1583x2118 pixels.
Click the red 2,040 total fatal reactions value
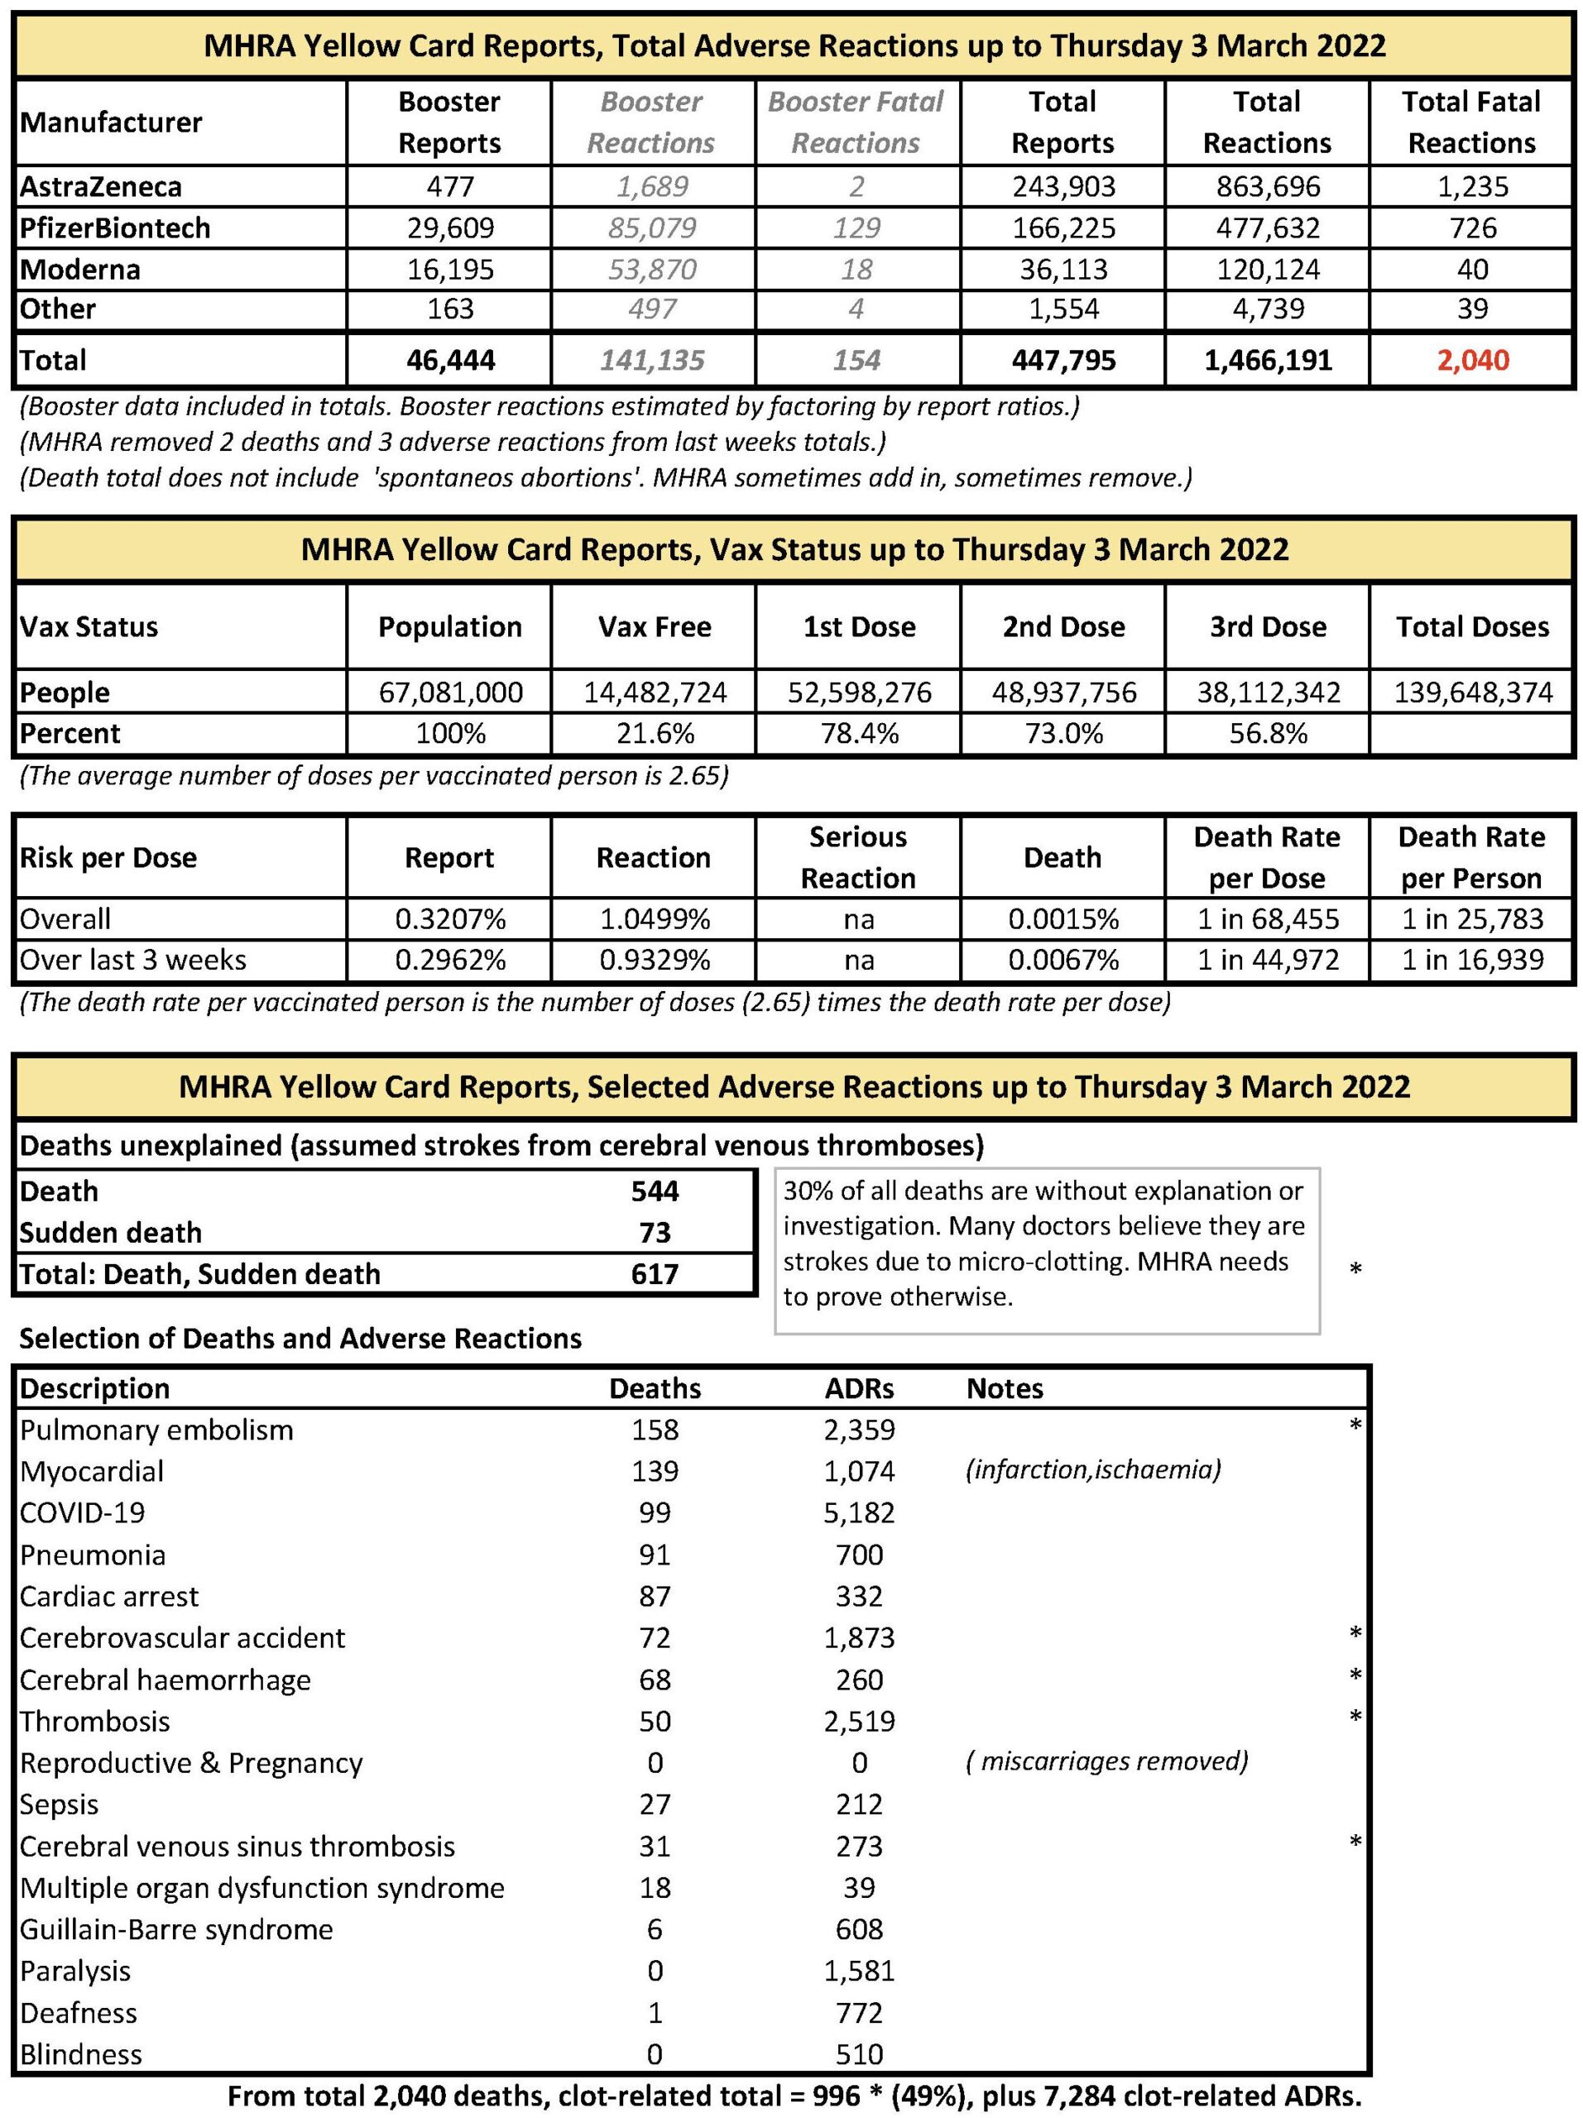[1472, 360]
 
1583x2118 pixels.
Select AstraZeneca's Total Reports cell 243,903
[1063, 186]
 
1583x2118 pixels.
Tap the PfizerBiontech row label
[115, 228]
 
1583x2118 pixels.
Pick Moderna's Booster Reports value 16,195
[449, 269]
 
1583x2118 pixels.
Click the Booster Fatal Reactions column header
[856, 122]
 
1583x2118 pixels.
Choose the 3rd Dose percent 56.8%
[1268, 734]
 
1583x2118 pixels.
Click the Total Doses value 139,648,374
[1472, 692]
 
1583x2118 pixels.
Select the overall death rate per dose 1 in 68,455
[1268, 919]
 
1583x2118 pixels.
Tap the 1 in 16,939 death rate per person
[1472, 960]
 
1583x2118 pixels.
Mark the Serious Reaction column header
[858, 857]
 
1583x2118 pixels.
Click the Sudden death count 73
[655, 1232]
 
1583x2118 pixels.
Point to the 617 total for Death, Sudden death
[655, 1273]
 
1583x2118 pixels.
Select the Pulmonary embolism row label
[157, 1430]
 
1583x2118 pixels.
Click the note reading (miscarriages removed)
[1107, 1761]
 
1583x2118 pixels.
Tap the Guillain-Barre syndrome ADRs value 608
[859, 1929]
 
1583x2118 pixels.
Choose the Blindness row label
[81, 2053]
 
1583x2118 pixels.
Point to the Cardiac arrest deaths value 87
[655, 1596]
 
